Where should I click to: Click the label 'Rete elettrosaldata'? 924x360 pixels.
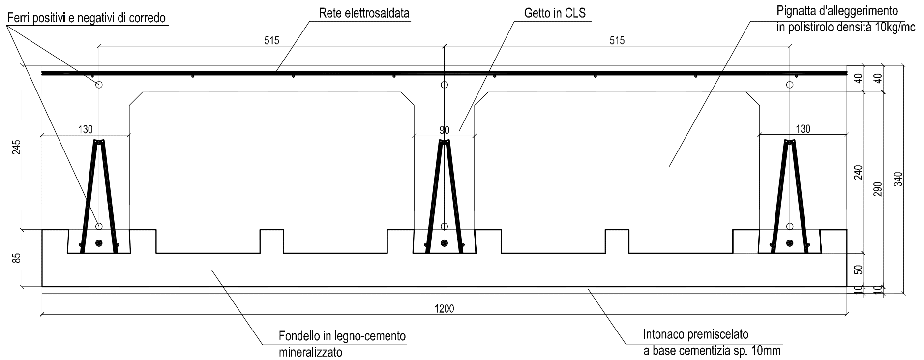pos(364,13)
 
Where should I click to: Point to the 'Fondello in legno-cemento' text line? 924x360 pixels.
pos(342,337)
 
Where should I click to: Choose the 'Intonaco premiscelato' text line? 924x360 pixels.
pos(696,335)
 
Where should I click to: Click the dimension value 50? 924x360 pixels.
pos(858,270)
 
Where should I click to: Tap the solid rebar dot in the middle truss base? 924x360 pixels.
pos(445,242)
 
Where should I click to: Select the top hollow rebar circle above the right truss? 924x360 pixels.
pos(790,85)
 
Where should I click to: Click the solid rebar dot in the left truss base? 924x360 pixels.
pos(99,242)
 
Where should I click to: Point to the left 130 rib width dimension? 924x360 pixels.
pos(85,129)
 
